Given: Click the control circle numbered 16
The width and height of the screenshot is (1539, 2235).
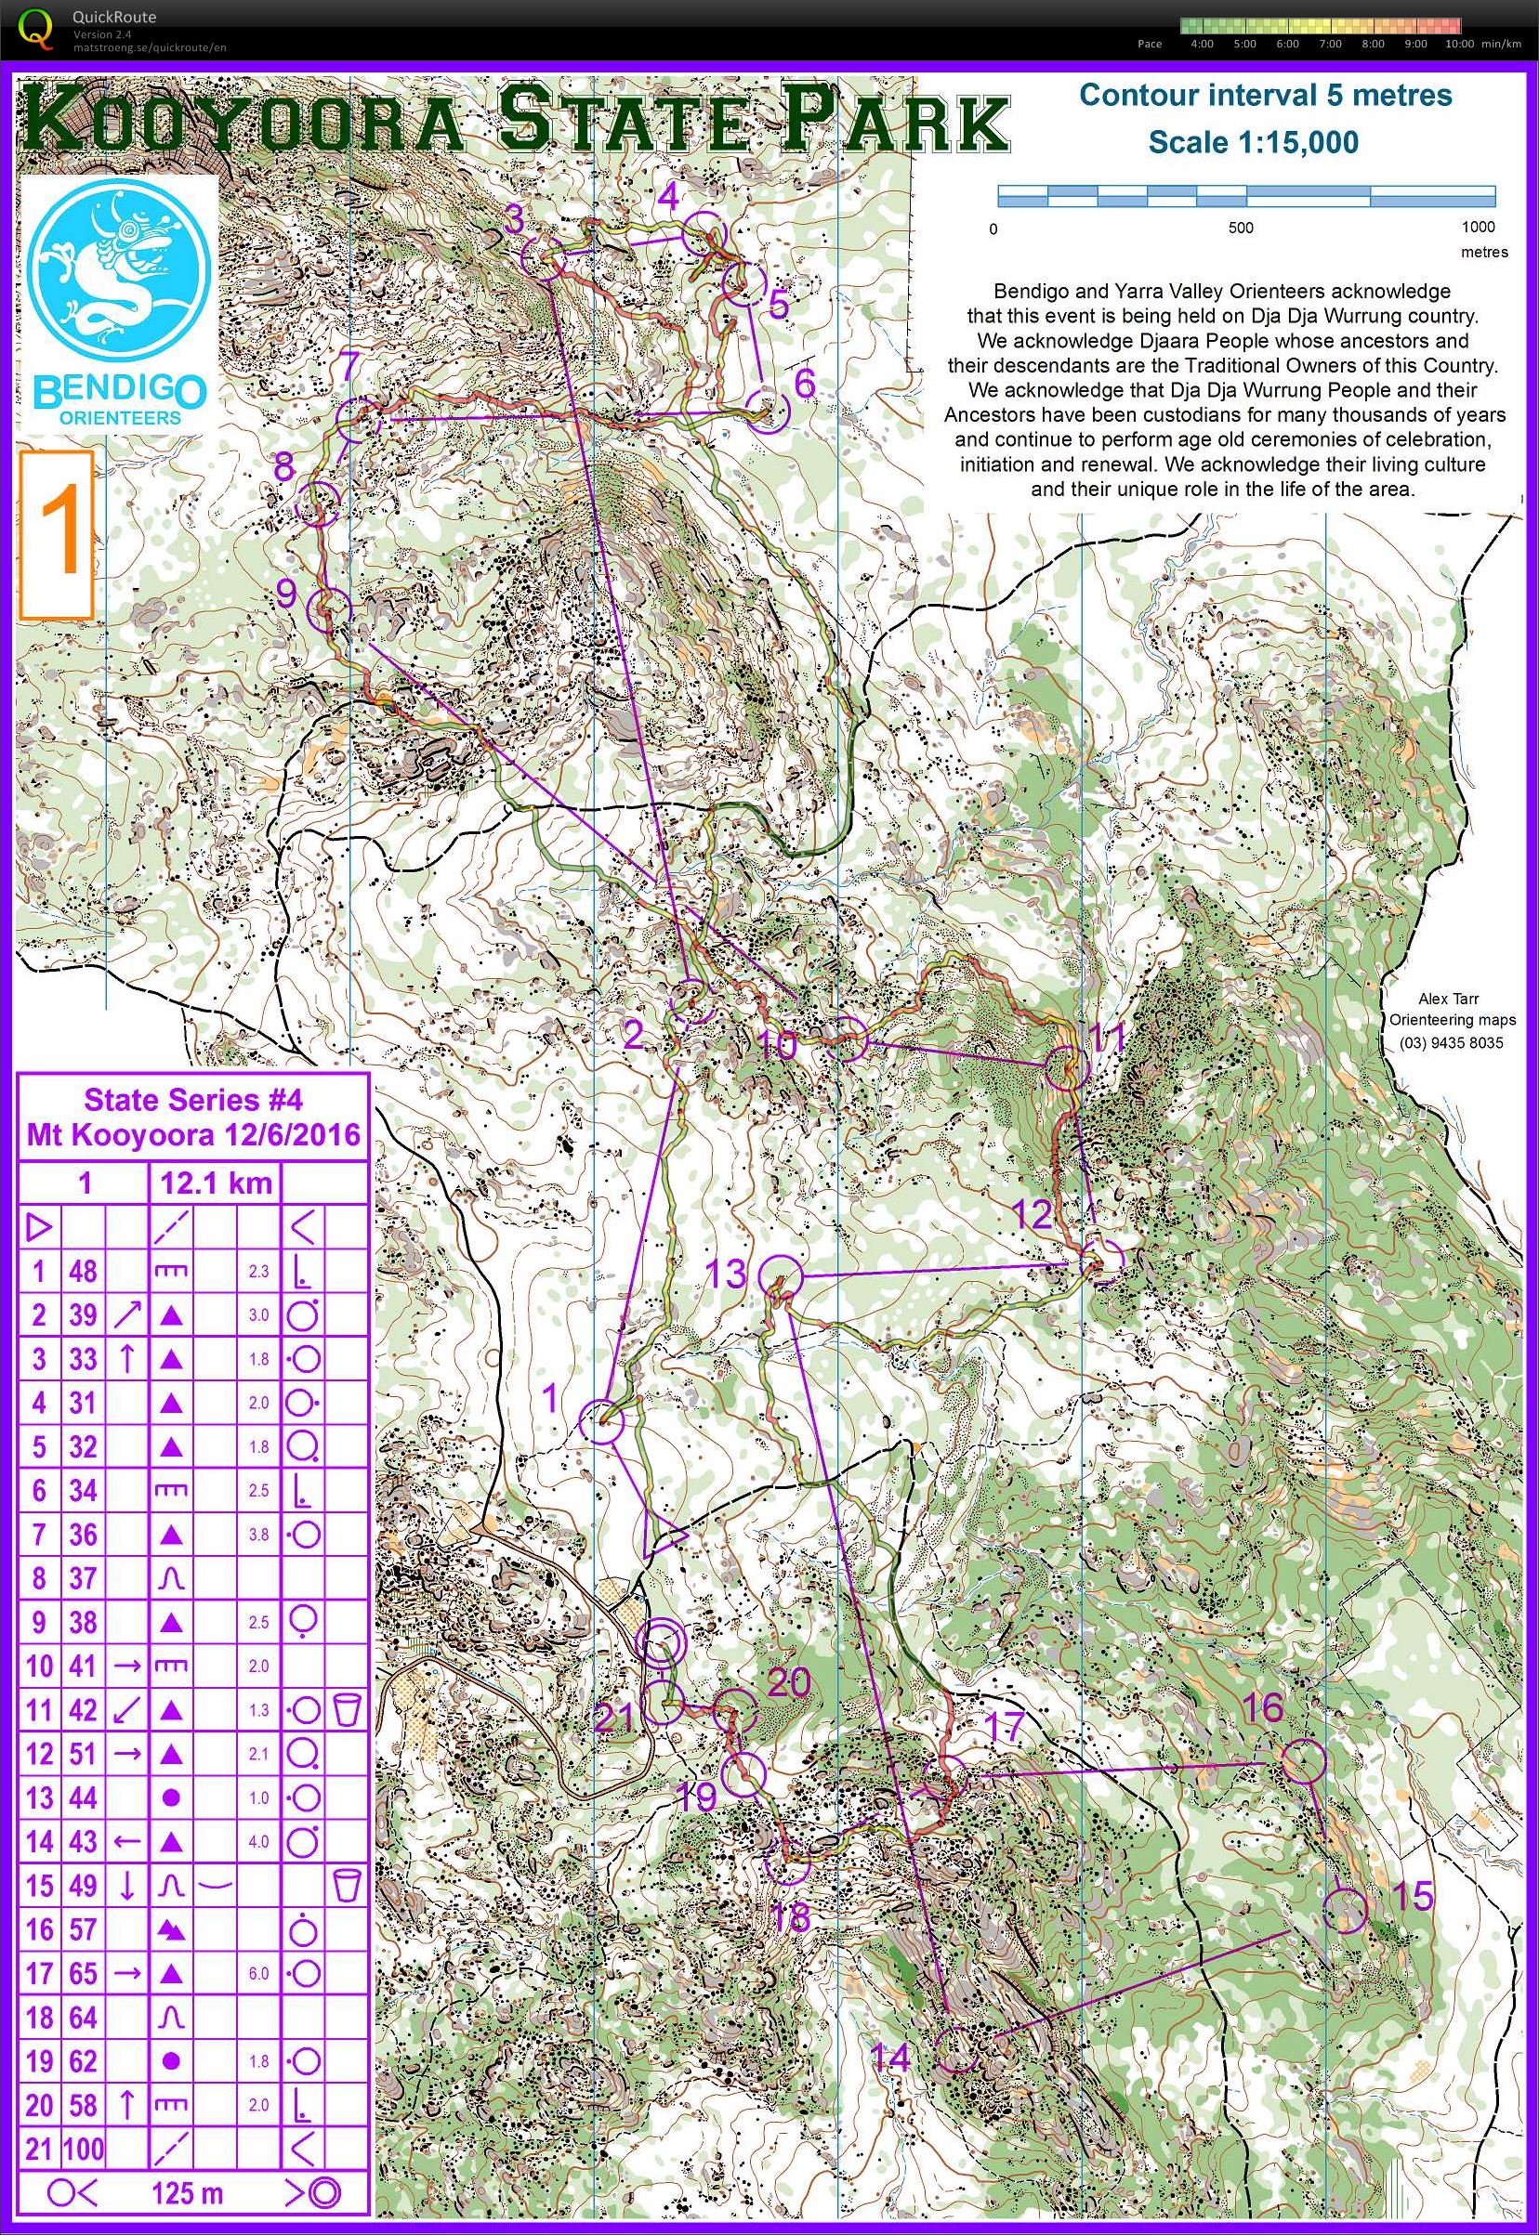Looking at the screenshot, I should (1302, 1762).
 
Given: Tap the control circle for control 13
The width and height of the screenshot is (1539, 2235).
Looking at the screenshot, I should (780, 1278).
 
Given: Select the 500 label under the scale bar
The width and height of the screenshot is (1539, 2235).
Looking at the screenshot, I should (1240, 229).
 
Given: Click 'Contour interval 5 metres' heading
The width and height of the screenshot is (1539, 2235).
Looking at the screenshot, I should (1264, 96).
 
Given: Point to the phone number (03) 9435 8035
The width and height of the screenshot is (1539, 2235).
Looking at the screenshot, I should (1451, 1042).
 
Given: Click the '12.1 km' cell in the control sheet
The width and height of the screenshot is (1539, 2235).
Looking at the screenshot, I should (215, 1183).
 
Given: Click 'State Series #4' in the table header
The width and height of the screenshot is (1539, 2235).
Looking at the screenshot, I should (193, 1100).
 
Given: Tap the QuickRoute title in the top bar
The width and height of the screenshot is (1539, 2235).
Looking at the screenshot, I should (113, 17).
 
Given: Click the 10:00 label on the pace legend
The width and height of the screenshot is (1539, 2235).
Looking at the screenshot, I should (1458, 44).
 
